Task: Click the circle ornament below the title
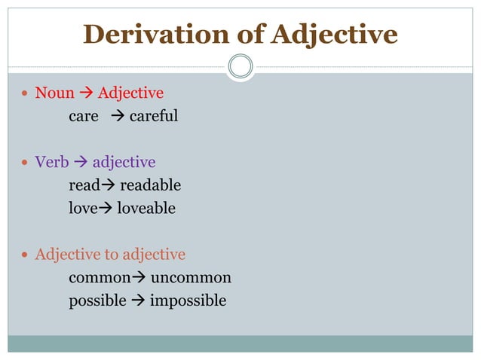[240, 66]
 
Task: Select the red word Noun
[54, 93]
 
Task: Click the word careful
[154, 116]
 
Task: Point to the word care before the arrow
[84, 116]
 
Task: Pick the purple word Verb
[51, 162]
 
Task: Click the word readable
[151, 185]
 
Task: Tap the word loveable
[146, 208]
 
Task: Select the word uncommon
[191, 277]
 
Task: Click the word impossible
[188, 301]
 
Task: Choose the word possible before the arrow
[97, 301]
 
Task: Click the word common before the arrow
[100, 277]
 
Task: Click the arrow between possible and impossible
[138, 301]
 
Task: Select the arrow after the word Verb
[81, 162]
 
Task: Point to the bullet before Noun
[25, 94]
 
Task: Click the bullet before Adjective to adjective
[25, 255]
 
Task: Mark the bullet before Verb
[25, 163]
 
